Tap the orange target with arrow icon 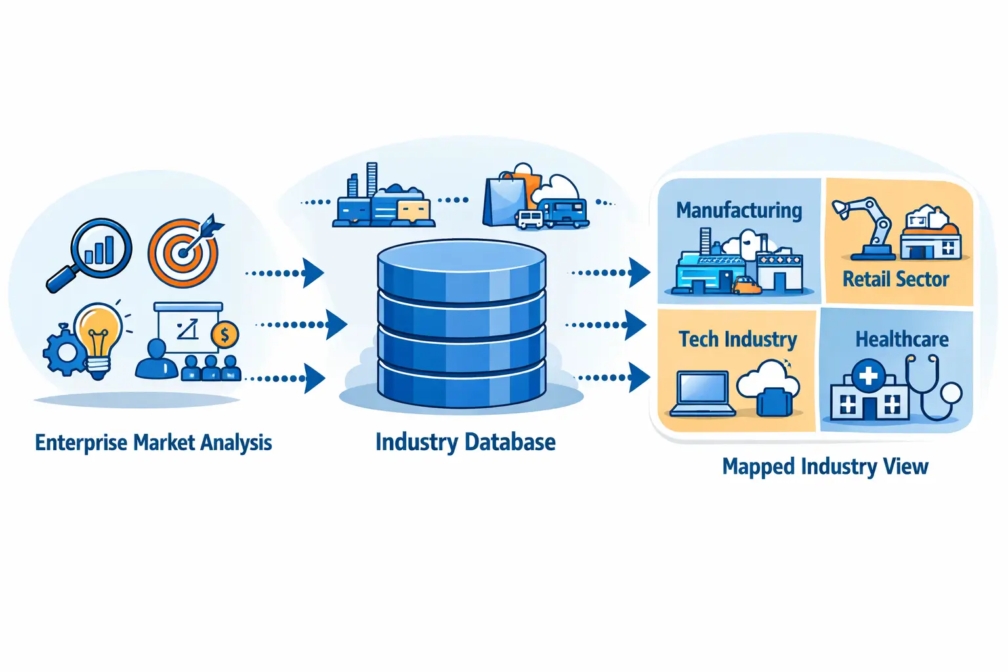[182, 253]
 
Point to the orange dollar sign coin [224, 335]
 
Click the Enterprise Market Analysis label [153, 443]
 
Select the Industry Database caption [465, 442]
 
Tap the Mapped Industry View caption [825, 467]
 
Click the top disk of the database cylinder [461, 262]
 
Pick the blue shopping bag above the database [505, 201]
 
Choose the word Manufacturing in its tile [739, 210]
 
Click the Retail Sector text [895, 280]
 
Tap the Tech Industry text [738, 339]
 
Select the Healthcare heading [902, 339]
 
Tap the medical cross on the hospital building [868, 376]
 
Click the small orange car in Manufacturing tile [746, 285]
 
